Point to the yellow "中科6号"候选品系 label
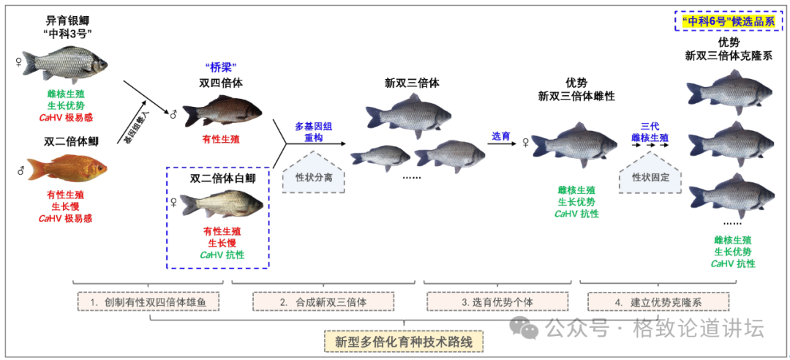pyautogui.click(x=728, y=21)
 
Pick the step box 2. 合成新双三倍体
pyautogui.click(x=323, y=301)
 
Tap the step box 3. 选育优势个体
pyautogui.click(x=496, y=301)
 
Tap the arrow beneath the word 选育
pyautogui.click(x=503, y=144)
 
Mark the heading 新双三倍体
pyautogui.click(x=413, y=83)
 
